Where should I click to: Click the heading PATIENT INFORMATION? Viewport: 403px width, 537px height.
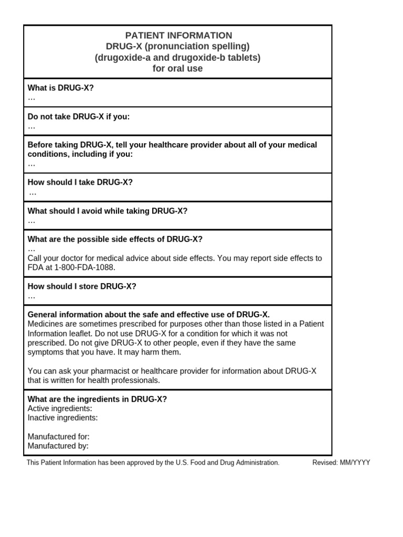[x=178, y=36]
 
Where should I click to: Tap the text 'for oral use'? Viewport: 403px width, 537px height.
[x=178, y=69]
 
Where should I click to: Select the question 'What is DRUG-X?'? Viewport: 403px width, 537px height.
[x=61, y=88]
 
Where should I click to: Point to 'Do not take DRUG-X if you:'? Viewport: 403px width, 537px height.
[x=79, y=116]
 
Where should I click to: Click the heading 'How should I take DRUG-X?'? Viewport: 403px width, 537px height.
[x=80, y=182]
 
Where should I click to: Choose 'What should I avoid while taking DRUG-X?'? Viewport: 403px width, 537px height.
[x=108, y=211]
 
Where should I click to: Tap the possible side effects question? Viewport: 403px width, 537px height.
[x=115, y=239]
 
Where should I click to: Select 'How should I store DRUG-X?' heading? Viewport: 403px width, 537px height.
[x=82, y=286]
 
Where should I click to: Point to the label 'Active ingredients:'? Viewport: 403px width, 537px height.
[x=60, y=409]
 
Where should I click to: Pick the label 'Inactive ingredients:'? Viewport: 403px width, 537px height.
[x=62, y=418]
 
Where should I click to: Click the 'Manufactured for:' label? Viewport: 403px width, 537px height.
[x=59, y=436]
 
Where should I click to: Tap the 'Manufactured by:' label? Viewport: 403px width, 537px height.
[x=58, y=446]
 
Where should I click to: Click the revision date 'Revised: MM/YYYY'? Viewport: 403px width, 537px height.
[x=341, y=463]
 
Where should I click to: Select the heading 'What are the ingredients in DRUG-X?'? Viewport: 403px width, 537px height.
[x=97, y=399]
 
